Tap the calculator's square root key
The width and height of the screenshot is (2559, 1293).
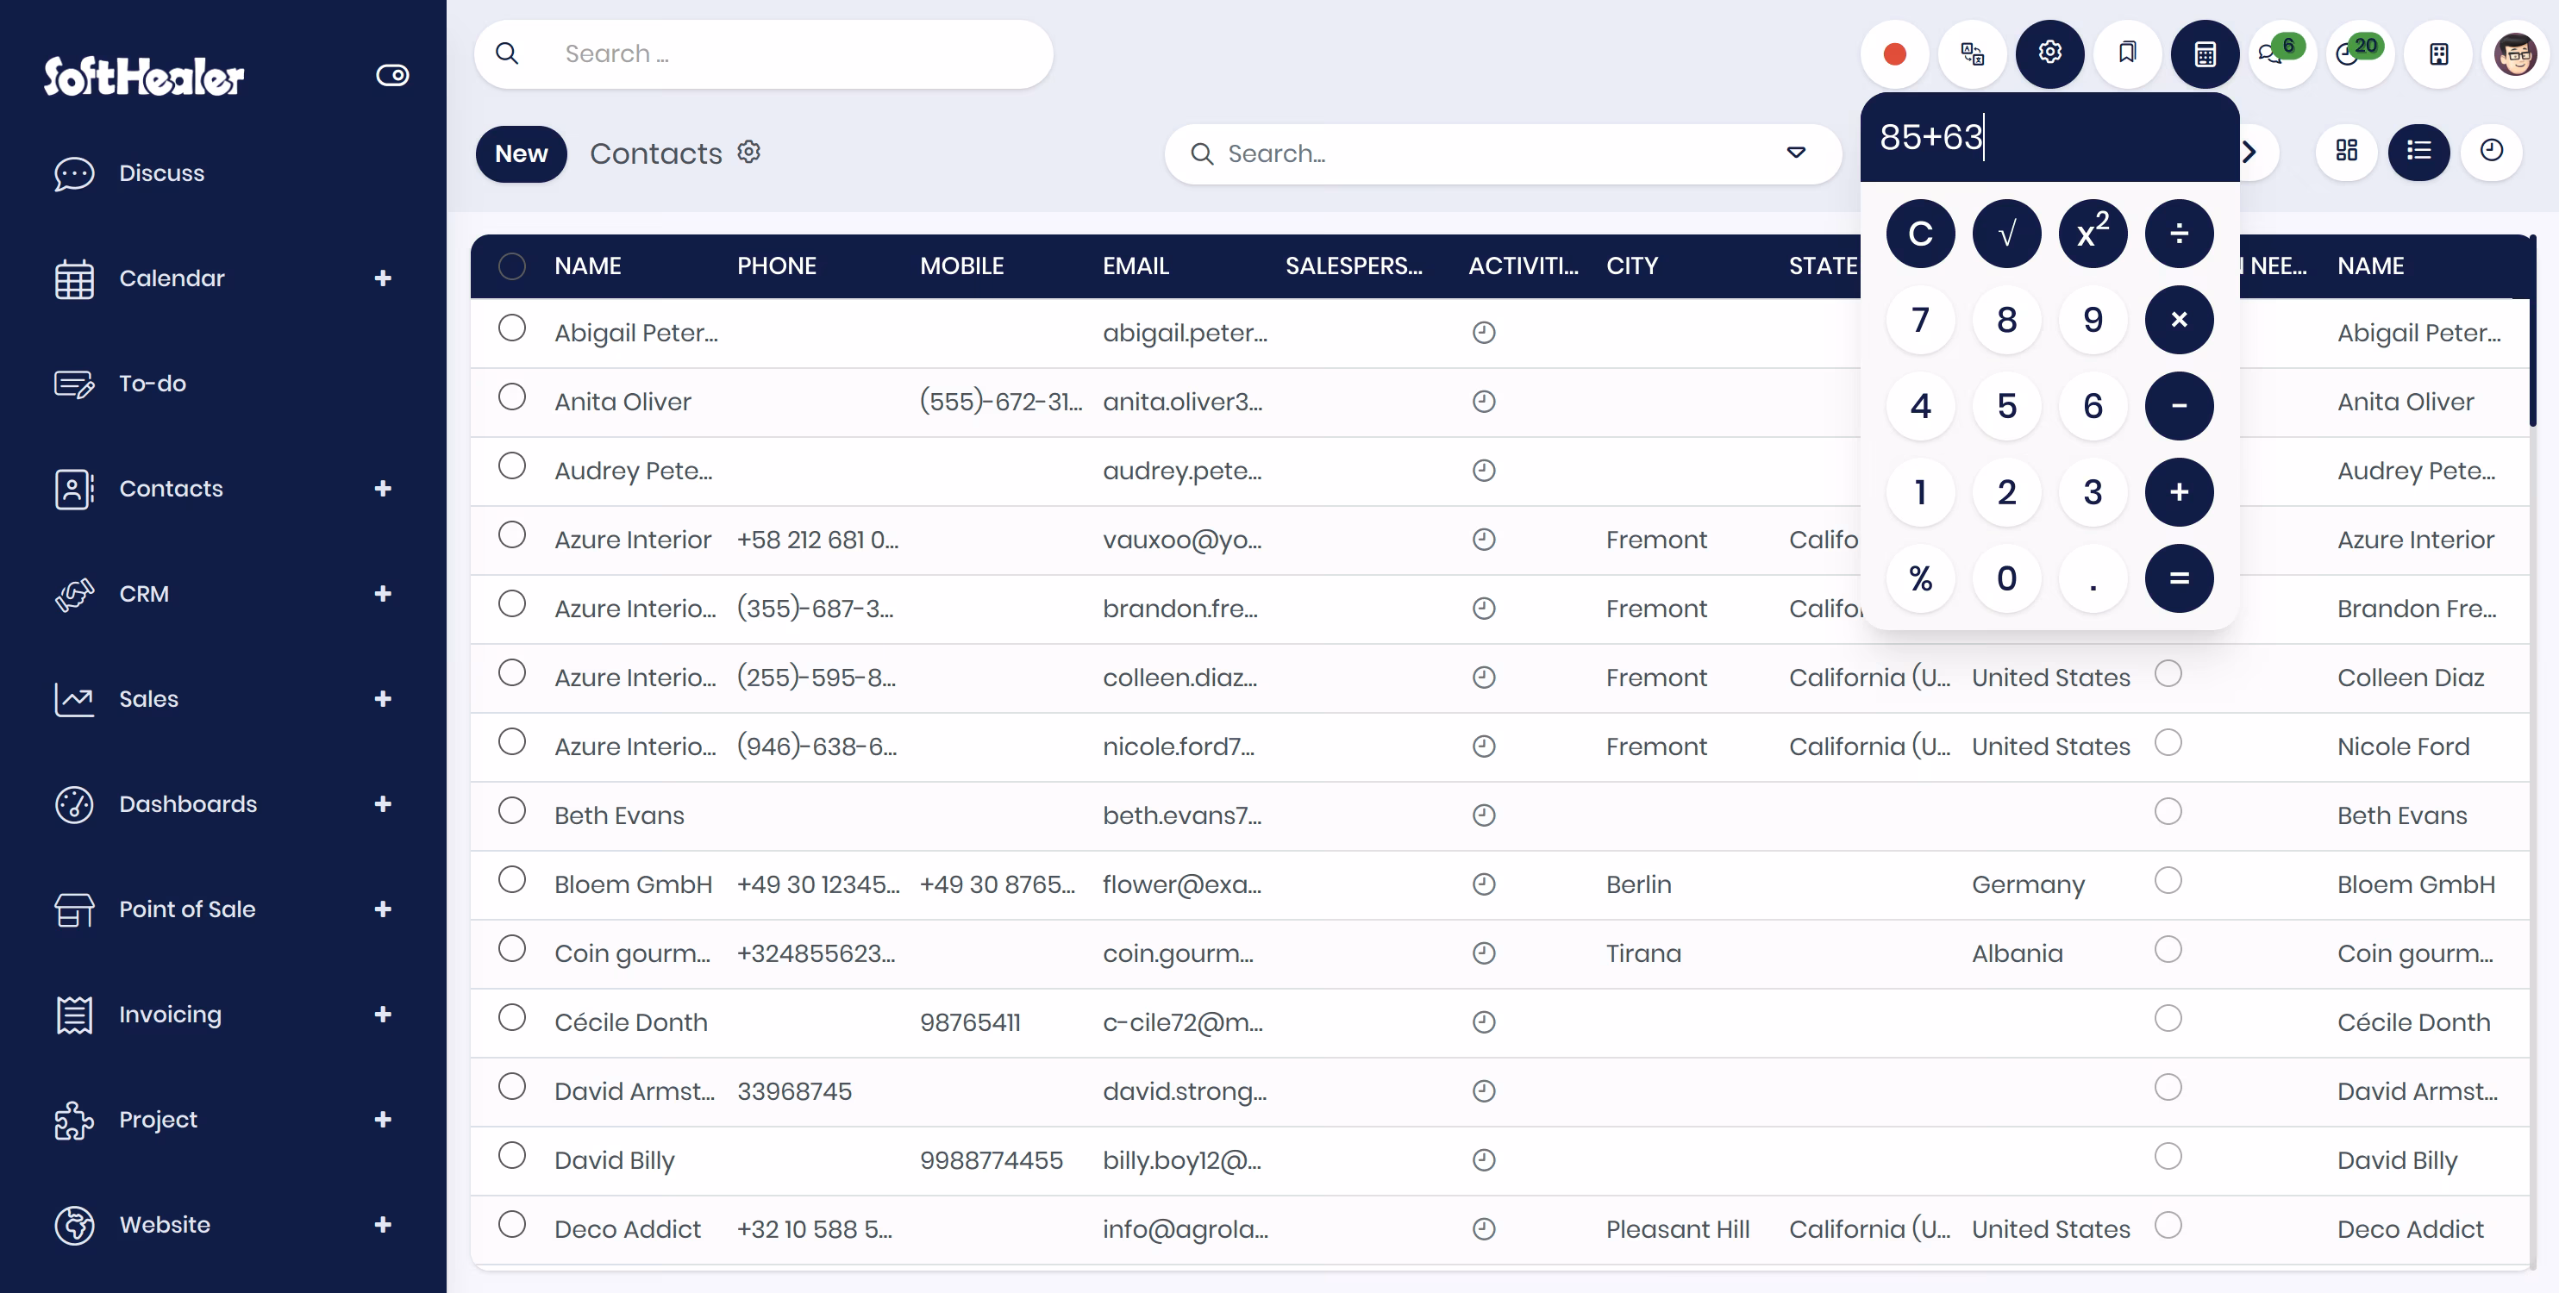[x=2006, y=234]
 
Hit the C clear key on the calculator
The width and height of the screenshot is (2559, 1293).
[x=1920, y=234]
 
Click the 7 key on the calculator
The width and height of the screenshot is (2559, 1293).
[x=1920, y=320]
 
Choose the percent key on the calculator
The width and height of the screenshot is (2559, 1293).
[x=1920, y=578]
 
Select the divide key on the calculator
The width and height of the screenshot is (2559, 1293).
[x=2179, y=234]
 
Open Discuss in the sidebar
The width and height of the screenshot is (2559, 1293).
[x=161, y=172]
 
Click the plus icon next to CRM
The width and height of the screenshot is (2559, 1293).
[x=383, y=594]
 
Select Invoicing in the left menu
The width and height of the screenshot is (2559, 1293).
[x=170, y=1014]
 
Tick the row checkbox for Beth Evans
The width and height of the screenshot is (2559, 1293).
[x=511, y=811]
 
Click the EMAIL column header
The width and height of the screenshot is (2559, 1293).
[x=1136, y=266]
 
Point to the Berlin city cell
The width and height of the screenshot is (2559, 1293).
[x=1638, y=884]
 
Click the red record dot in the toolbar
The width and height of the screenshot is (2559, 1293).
[x=1894, y=53]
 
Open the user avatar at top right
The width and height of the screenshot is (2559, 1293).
[x=2514, y=53]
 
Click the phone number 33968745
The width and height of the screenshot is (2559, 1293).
[x=794, y=1090]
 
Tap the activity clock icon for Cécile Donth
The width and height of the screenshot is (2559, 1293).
[x=1483, y=1021]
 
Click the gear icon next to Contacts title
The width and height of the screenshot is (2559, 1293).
[x=748, y=152]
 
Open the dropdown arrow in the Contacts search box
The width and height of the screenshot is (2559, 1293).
[x=1796, y=153]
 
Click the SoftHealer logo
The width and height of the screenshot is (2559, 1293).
[x=144, y=76]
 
